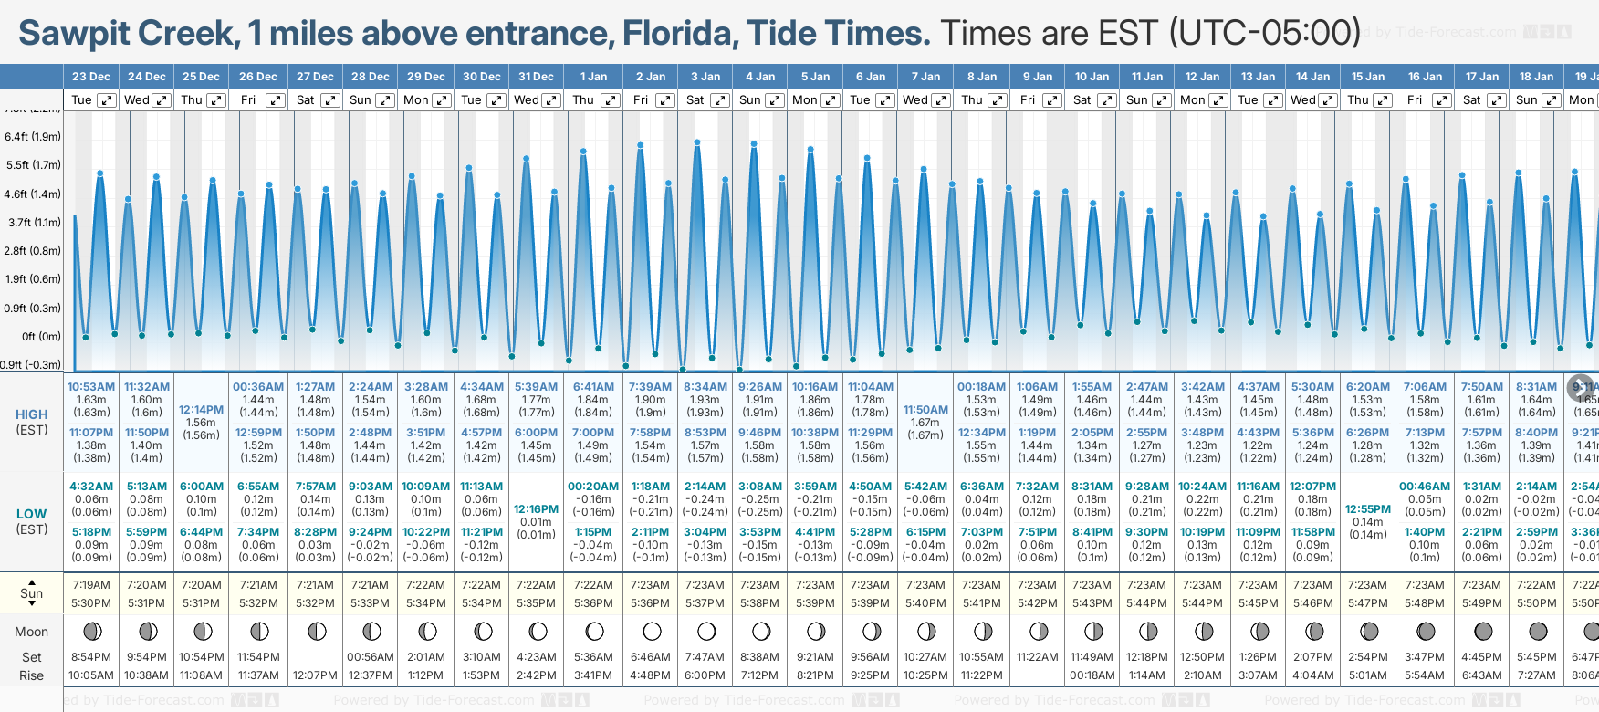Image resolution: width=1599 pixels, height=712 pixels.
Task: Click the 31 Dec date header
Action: click(536, 77)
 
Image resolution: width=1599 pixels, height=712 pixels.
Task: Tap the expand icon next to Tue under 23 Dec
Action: click(107, 100)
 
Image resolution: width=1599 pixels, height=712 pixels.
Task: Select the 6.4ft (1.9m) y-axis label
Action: click(33, 137)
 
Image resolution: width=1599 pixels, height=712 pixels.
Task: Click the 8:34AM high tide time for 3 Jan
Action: click(705, 387)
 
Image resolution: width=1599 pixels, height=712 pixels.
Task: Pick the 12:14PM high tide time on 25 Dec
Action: click(202, 410)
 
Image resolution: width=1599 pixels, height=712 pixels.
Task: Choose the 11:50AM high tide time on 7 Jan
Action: click(925, 410)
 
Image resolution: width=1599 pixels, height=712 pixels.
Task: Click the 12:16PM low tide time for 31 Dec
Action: click(536, 509)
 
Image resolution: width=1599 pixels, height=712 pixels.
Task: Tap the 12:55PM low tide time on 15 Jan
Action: click(1368, 509)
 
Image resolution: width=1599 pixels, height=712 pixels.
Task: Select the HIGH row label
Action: click(32, 414)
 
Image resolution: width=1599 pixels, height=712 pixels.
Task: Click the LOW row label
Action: click(32, 514)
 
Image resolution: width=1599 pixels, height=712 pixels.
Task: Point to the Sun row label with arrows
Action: click(32, 593)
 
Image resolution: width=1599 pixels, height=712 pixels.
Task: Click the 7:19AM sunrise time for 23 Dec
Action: click(91, 585)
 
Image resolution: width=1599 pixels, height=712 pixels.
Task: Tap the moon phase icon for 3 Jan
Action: click(705, 631)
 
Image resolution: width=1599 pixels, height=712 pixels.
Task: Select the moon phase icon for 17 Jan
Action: click(1483, 631)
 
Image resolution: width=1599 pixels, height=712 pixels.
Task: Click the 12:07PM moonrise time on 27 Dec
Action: click(315, 675)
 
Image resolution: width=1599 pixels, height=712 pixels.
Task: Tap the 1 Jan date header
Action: click(593, 77)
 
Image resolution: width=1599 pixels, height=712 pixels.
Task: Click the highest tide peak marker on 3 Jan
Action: click(697, 142)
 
